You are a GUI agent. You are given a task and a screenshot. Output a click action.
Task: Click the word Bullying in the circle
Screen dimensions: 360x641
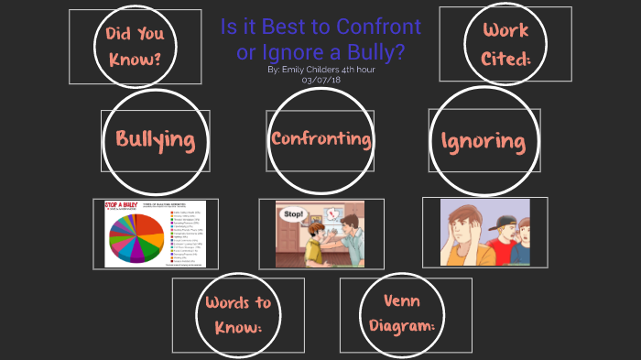pos(155,140)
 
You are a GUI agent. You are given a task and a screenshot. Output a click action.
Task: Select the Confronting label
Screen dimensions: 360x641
pos(320,139)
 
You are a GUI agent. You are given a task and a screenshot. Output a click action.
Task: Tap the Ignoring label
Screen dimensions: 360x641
pos(483,142)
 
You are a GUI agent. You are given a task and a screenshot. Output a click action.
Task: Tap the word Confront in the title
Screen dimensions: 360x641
pos(383,27)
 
